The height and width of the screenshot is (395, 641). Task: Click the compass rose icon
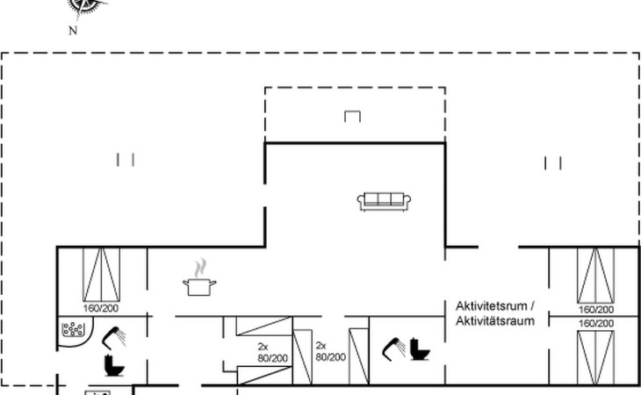pyautogui.click(x=86, y=6)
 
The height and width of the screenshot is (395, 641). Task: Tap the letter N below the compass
pyautogui.click(x=73, y=31)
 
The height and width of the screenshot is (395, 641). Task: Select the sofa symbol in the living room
pyautogui.click(x=384, y=201)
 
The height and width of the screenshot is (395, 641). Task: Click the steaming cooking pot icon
pyautogui.click(x=199, y=277)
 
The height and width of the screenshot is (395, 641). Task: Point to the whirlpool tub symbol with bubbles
pyautogui.click(x=74, y=329)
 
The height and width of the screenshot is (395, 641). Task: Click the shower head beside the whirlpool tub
pyautogui.click(x=113, y=337)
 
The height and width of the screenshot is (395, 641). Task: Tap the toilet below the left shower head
pyautogui.click(x=114, y=365)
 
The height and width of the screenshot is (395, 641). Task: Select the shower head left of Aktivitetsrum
pyautogui.click(x=393, y=348)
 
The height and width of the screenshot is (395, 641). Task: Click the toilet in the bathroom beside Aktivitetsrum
pyautogui.click(x=420, y=349)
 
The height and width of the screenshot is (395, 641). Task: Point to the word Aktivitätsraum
pyautogui.click(x=495, y=320)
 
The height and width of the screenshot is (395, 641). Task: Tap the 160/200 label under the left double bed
pyautogui.click(x=101, y=308)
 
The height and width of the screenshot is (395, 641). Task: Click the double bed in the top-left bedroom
pyautogui.click(x=101, y=275)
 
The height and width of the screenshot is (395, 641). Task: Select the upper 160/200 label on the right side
pyautogui.click(x=596, y=310)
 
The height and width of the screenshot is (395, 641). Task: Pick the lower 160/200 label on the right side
pyautogui.click(x=596, y=324)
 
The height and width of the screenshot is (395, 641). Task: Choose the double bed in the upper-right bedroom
pyautogui.click(x=595, y=276)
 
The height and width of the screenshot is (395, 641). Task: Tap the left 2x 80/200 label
pyautogui.click(x=273, y=353)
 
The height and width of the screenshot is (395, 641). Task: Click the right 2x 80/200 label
pyautogui.click(x=331, y=351)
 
